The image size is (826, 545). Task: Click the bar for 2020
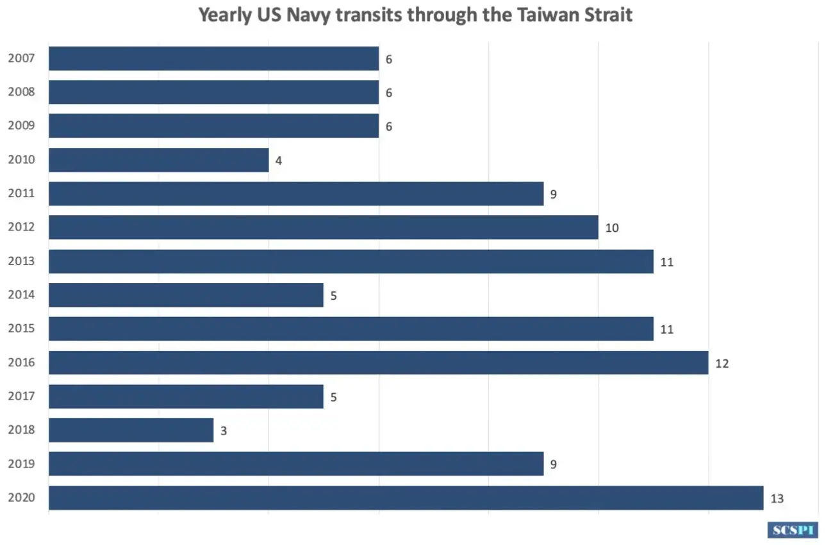point(406,498)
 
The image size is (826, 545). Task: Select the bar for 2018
point(131,430)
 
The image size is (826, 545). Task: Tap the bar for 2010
point(158,160)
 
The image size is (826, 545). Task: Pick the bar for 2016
point(378,362)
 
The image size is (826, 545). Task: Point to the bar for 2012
point(323,227)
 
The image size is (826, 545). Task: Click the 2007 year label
point(21,59)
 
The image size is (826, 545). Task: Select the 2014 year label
point(21,295)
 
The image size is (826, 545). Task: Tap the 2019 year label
point(21,464)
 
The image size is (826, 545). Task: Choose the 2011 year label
point(21,194)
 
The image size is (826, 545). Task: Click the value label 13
point(777,499)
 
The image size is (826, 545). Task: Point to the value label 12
point(722,364)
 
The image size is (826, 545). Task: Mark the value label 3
point(224,431)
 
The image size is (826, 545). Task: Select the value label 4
point(279,161)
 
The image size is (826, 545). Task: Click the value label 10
point(612,228)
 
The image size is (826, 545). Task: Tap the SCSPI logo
point(793,530)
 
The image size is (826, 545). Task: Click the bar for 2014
point(186,295)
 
